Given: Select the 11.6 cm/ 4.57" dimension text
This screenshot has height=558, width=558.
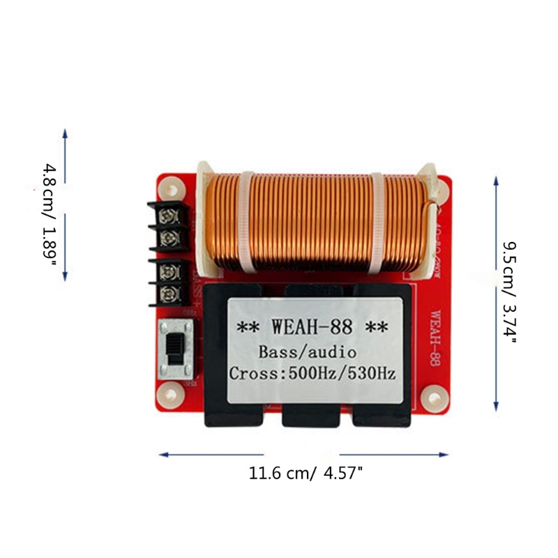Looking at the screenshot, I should (306, 474).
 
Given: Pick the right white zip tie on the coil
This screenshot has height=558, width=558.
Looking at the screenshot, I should (376, 222).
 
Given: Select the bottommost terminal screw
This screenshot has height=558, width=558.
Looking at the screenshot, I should (169, 293).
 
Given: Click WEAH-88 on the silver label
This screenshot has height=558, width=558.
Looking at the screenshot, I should (313, 326).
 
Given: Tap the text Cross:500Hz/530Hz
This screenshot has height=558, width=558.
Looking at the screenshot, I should (313, 373).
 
